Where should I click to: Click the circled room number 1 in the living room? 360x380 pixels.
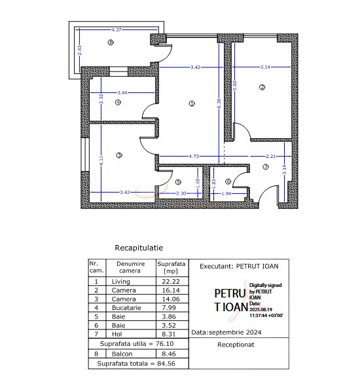tap(191, 103)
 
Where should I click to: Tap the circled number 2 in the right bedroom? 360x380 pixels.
tap(262, 87)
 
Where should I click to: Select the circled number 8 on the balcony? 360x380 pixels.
tap(111, 43)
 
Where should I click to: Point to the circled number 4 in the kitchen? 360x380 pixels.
tap(118, 102)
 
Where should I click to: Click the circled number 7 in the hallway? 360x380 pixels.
tap(265, 167)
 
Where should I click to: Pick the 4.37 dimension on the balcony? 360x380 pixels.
tap(118, 30)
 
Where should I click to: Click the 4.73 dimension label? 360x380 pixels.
tap(194, 157)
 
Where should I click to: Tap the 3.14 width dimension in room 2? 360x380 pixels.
tap(266, 67)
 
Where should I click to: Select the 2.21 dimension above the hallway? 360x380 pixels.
tap(271, 157)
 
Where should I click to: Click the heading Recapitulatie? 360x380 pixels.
tap(139, 248)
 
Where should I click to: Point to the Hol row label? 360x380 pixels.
tap(121, 333)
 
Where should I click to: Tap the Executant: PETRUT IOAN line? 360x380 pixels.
tap(239, 266)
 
